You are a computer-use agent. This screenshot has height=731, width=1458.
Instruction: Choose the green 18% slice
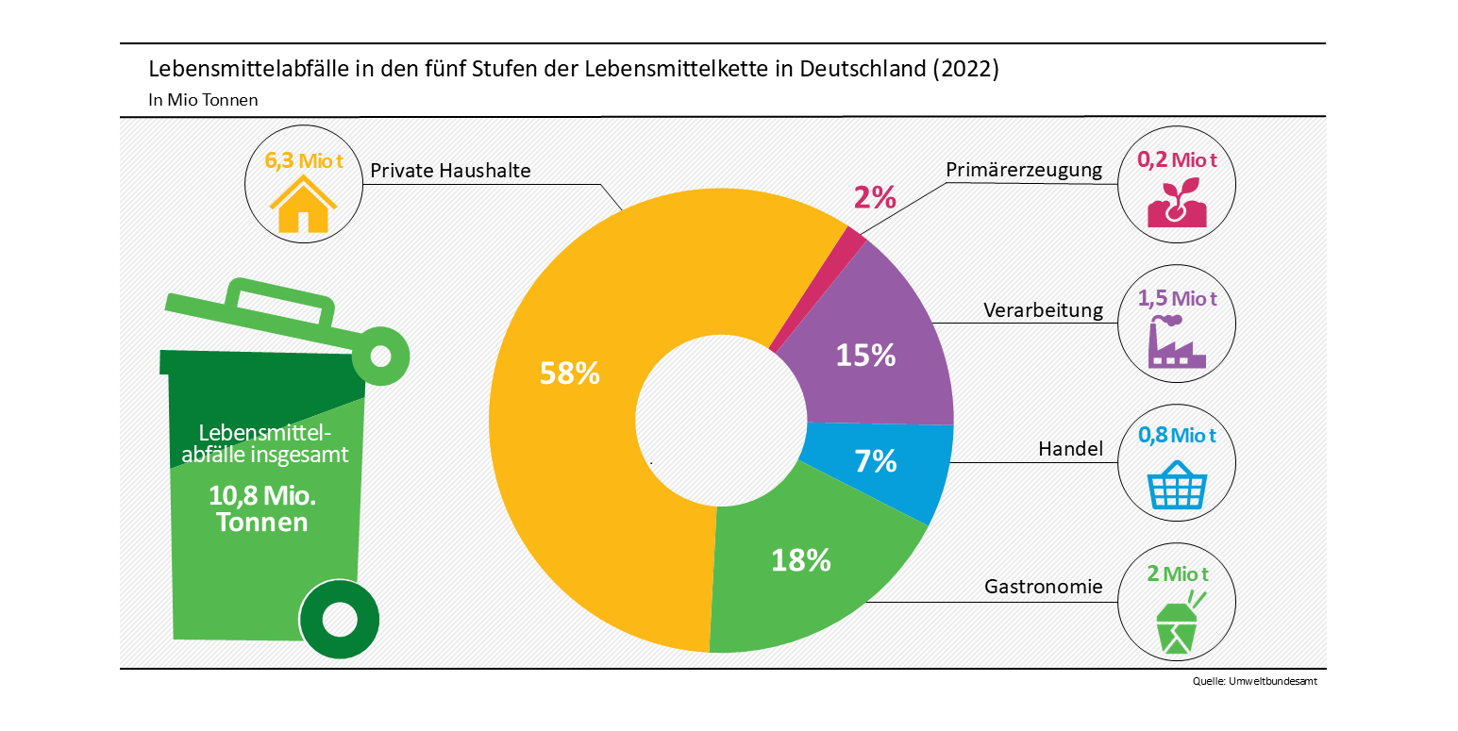tap(802, 566)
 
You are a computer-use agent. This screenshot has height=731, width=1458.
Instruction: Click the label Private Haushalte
tap(450, 171)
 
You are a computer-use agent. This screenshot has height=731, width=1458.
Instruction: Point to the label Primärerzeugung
tap(1024, 170)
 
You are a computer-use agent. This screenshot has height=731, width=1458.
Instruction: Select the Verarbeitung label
tap(1043, 310)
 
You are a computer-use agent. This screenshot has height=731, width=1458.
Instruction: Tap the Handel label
tap(1070, 449)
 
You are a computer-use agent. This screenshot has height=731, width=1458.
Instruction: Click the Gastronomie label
tap(1043, 587)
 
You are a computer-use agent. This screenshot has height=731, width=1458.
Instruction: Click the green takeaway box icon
tap(1178, 623)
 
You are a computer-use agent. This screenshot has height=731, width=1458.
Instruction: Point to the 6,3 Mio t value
tap(302, 160)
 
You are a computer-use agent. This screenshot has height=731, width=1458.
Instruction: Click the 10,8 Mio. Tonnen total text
tap(262, 508)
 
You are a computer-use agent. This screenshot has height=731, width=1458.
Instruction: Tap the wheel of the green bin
tap(339, 620)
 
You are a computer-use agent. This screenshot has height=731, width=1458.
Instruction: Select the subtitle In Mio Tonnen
tap(203, 99)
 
